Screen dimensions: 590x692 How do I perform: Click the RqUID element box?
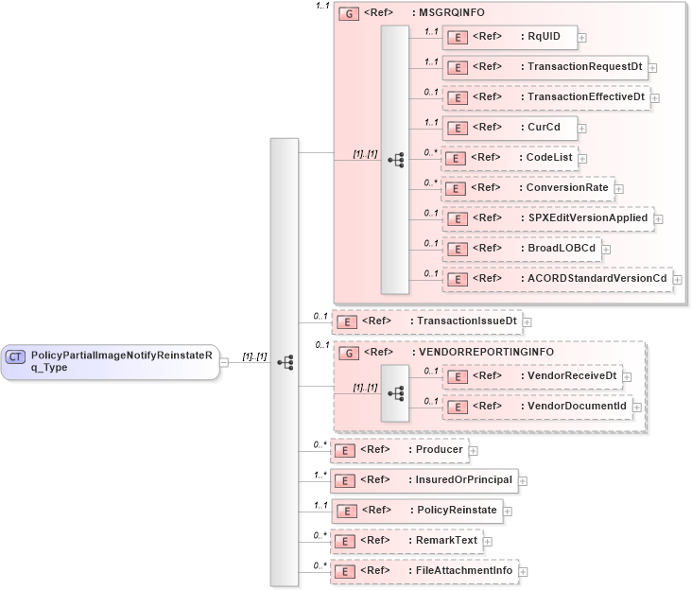pos(510,37)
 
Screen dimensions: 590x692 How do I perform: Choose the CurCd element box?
pos(510,128)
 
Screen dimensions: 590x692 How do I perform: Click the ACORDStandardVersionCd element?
pos(557,279)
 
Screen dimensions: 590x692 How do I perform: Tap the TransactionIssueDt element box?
pos(425,321)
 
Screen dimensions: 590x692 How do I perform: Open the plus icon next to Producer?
pos(474,450)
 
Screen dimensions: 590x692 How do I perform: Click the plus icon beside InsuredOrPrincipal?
pos(523,480)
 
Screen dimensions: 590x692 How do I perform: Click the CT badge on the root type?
pos(15,356)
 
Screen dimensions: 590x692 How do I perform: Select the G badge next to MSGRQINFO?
pos(349,15)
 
